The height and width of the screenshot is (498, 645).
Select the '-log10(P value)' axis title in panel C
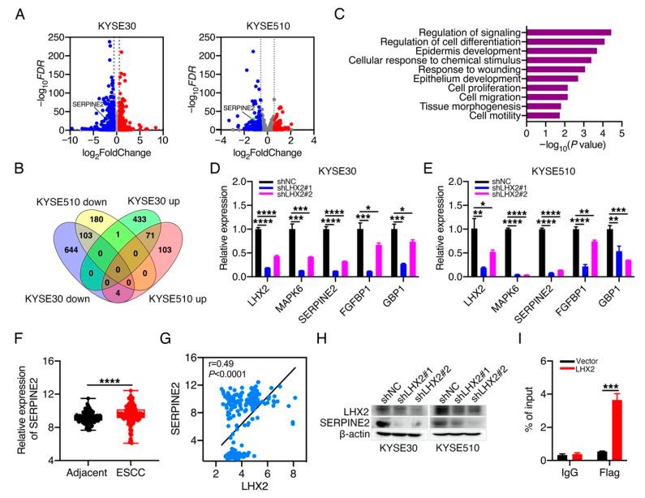coord(574,148)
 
